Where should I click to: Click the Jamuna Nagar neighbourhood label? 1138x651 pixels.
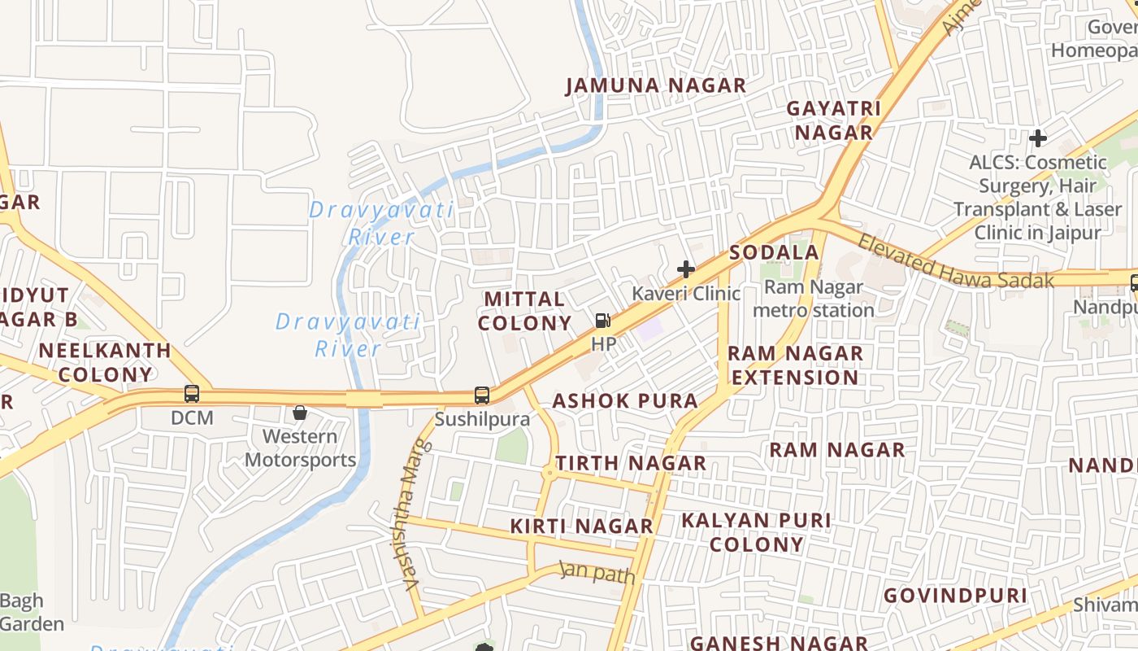pyautogui.click(x=655, y=85)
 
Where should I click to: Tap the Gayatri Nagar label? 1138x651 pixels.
pyautogui.click(x=834, y=120)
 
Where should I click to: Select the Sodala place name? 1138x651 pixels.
pyautogui.click(x=774, y=252)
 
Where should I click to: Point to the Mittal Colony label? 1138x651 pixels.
pyautogui.click(x=524, y=311)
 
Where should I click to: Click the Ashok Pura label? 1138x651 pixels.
pyautogui.click(x=625, y=400)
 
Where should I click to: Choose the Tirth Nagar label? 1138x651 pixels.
pyautogui.click(x=630, y=463)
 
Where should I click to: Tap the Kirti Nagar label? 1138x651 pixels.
pyautogui.click(x=581, y=526)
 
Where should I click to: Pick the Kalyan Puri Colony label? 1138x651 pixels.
pyautogui.click(x=757, y=532)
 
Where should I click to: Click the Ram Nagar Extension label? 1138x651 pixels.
pyautogui.click(x=794, y=365)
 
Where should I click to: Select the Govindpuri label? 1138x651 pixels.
pyautogui.click(x=955, y=596)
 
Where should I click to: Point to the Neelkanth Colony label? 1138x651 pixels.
pyautogui.click(x=105, y=363)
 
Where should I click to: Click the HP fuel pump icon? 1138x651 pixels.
pyautogui.click(x=602, y=321)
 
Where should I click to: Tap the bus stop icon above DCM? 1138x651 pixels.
pyautogui.click(x=192, y=394)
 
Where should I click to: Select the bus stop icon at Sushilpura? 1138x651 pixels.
pyautogui.click(x=482, y=395)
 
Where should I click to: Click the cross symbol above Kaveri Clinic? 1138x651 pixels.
pyautogui.click(x=686, y=269)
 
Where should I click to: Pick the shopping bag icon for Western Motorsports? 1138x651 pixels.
pyautogui.click(x=300, y=413)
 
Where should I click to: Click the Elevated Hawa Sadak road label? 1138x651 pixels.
pyautogui.click(x=955, y=263)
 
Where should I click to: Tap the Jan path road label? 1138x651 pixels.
pyautogui.click(x=597, y=573)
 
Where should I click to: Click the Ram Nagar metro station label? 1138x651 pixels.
pyautogui.click(x=813, y=299)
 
